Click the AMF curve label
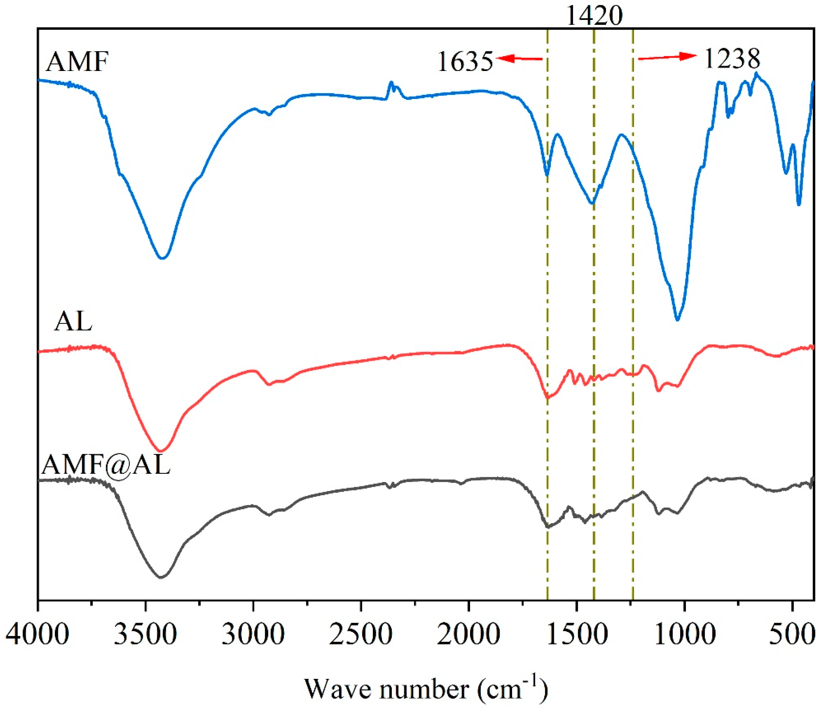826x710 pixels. (x=77, y=62)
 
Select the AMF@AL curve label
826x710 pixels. (x=106, y=465)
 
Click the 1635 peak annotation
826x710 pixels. (x=465, y=62)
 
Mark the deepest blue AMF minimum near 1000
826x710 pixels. (x=677, y=320)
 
